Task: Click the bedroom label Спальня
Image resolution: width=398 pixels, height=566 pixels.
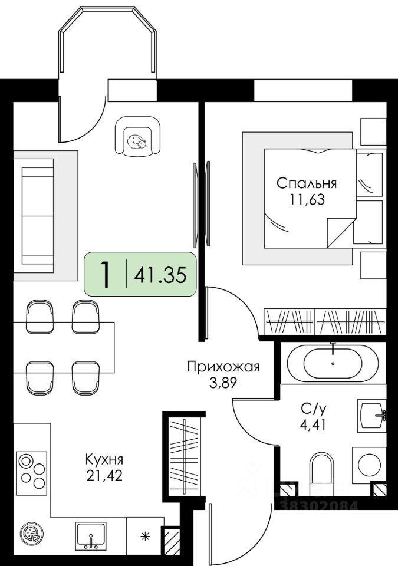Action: tap(307, 182)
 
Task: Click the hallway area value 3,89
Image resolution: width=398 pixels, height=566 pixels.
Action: tap(223, 383)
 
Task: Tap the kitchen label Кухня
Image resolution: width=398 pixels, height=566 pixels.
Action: tap(104, 459)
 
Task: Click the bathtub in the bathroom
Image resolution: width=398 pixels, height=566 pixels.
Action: tap(333, 363)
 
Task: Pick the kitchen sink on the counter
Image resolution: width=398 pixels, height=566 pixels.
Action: tap(90, 536)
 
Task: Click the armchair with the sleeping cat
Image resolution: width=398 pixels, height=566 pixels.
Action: tap(139, 137)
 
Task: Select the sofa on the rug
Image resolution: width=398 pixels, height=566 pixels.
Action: tap(37, 216)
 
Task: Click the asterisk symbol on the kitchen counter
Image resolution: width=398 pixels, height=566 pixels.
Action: tap(144, 536)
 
